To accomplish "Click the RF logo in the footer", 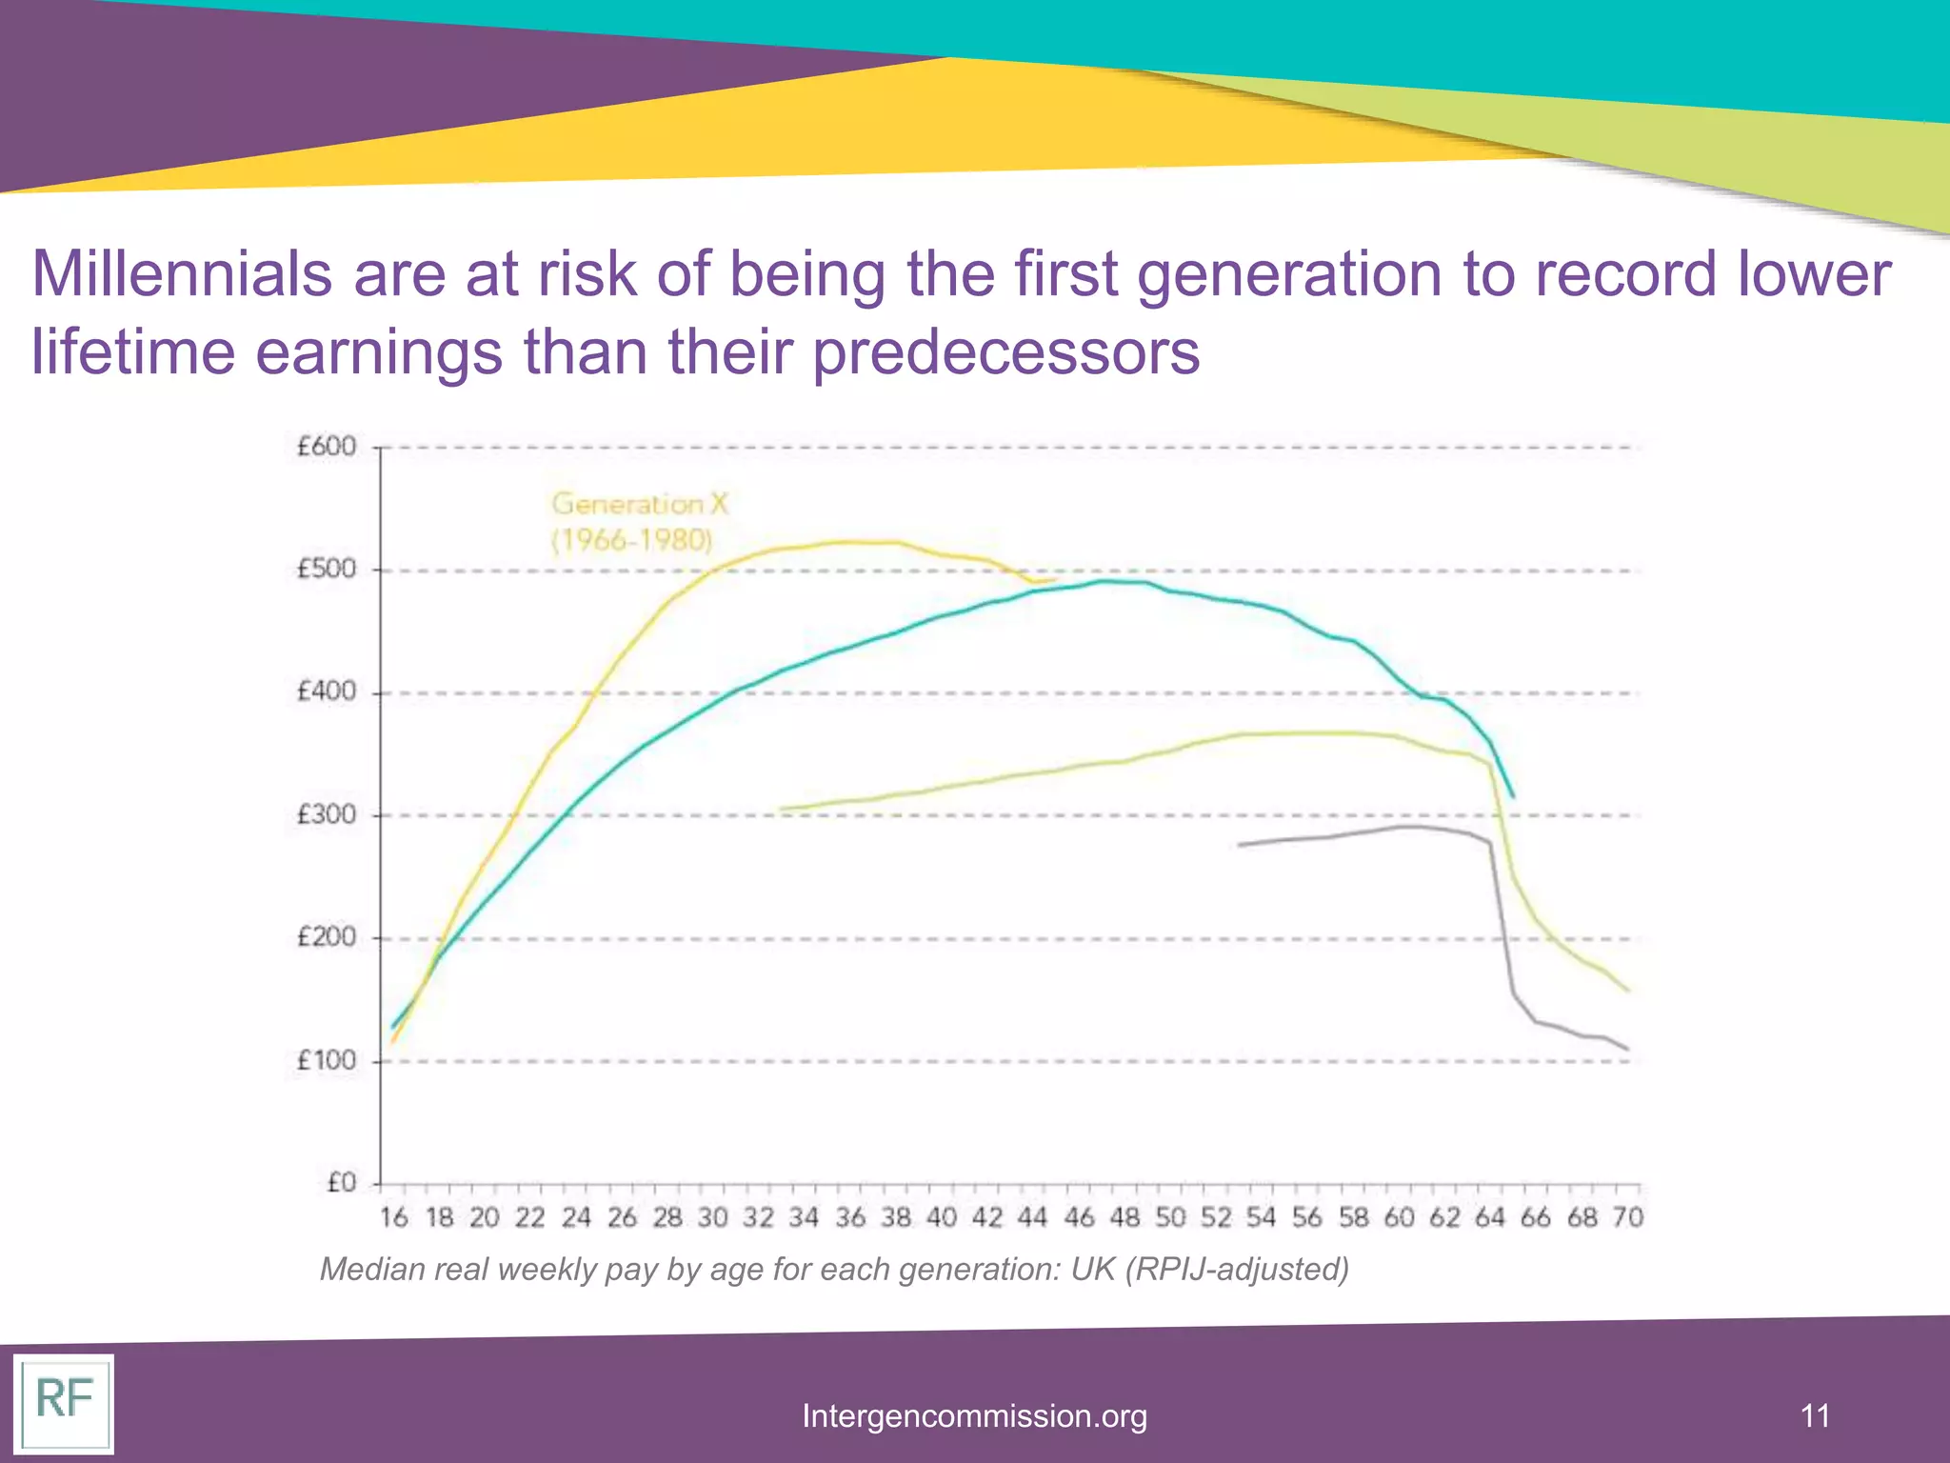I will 64,1402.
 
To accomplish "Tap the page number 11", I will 1815,1415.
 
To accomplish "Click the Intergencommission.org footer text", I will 974,1416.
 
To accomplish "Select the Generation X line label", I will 639,521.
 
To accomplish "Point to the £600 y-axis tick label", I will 326,447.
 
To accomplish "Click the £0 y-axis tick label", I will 340,1183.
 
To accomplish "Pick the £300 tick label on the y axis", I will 326,815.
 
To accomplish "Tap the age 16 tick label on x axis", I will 393,1217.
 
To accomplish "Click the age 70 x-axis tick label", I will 1627,1217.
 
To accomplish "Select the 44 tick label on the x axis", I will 1032,1217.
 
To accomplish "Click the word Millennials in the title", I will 182,274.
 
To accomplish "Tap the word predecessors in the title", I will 1005,352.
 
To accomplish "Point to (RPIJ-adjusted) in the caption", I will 1237,1270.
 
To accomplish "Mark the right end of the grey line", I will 1627,1050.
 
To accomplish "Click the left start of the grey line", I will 1240,845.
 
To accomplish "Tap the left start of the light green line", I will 782,810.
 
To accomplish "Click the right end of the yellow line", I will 1055,579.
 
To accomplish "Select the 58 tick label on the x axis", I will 1353,1217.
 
